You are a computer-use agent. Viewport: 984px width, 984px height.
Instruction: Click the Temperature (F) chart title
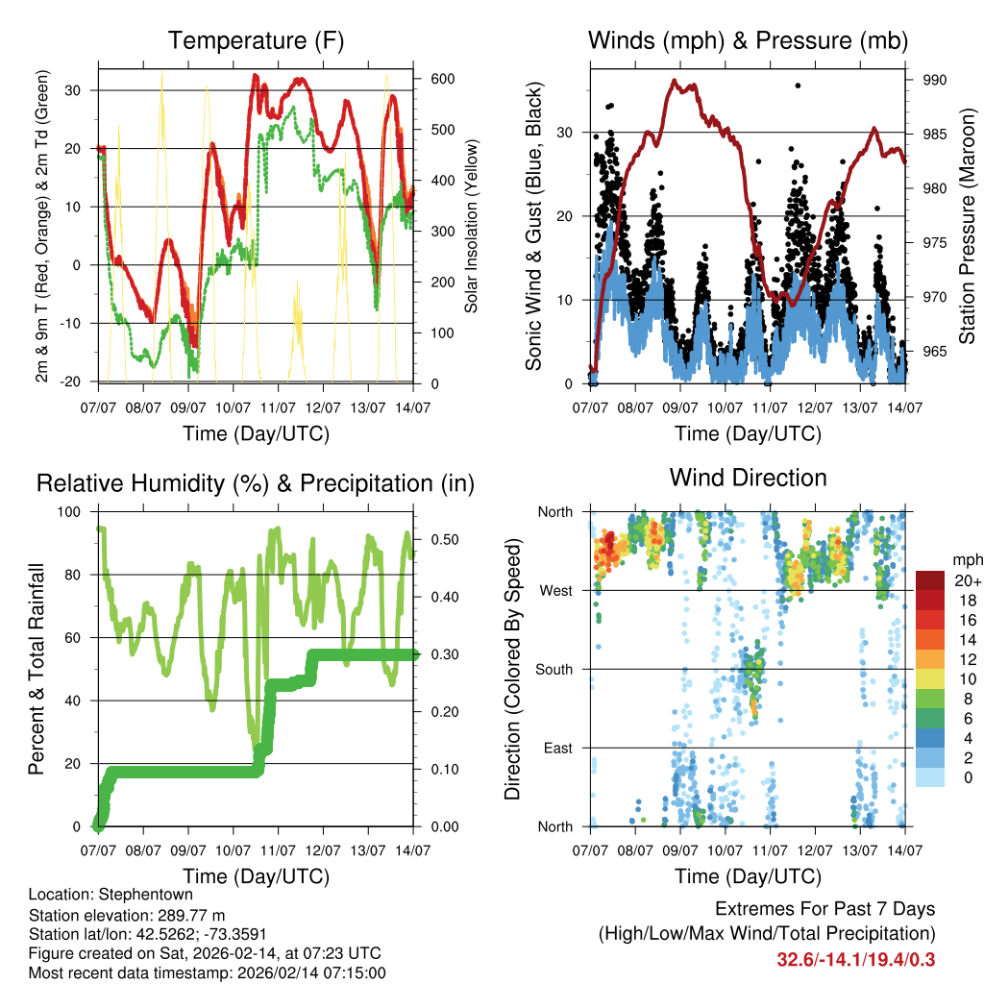click(x=256, y=41)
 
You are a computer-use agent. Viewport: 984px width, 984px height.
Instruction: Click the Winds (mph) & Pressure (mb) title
click(x=748, y=41)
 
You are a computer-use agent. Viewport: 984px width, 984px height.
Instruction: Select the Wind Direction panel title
click(x=748, y=478)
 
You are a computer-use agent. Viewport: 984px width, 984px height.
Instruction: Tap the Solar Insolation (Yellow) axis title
click(x=472, y=225)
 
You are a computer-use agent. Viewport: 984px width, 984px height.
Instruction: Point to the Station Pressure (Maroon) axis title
click(x=967, y=225)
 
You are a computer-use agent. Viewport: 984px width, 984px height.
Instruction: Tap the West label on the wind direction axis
click(x=556, y=590)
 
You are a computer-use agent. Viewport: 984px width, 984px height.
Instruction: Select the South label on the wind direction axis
click(x=554, y=669)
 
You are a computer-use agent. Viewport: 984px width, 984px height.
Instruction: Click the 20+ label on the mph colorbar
click(x=968, y=580)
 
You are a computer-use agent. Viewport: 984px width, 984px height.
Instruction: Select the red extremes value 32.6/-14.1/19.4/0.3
click(x=856, y=959)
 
